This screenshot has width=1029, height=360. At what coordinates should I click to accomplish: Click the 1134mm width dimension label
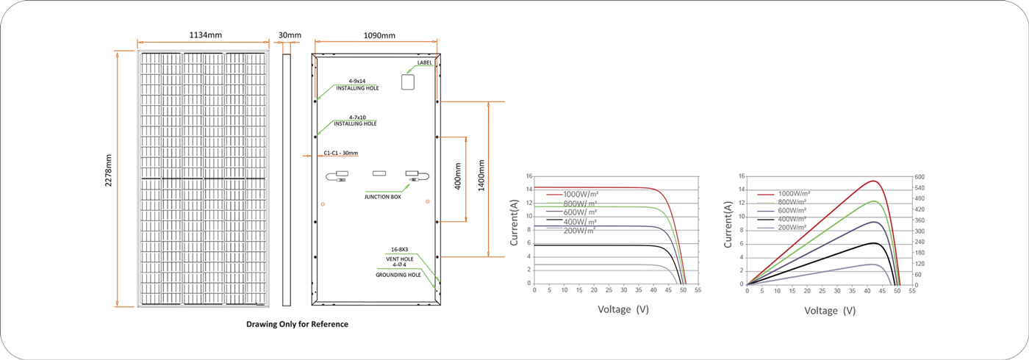pos(205,35)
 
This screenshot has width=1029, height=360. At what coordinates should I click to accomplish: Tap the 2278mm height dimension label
pos(109,170)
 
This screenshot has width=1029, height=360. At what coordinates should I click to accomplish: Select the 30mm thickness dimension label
pos(290,35)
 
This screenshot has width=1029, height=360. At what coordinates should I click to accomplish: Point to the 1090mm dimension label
pos(379,35)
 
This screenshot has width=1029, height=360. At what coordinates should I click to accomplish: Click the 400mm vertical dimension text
pos(457,176)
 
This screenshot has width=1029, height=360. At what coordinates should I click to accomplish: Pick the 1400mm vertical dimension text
pos(481,176)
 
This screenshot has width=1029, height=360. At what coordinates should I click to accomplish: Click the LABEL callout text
pos(425,63)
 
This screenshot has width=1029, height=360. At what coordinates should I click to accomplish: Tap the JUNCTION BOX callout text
pos(383,197)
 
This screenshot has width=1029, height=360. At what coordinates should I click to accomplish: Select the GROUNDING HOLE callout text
pos(398,275)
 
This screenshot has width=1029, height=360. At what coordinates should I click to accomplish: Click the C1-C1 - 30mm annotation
pos(341,153)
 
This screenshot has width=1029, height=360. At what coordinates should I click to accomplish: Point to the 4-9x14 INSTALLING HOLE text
pos(357,84)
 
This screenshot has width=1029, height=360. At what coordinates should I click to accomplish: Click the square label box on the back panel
pos(408,82)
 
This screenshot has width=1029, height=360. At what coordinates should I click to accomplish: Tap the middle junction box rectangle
pos(379,173)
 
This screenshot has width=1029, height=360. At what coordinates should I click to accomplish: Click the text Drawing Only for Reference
pos(297,324)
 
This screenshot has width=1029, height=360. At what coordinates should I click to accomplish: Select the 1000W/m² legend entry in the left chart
pos(573,194)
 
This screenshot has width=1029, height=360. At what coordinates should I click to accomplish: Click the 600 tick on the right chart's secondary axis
pos(919,177)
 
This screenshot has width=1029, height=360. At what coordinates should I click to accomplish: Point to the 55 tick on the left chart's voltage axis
pos(698,290)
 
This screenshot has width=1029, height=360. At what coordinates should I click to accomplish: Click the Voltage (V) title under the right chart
pos(830,311)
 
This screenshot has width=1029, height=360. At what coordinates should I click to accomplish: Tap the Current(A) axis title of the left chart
pos(514,222)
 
